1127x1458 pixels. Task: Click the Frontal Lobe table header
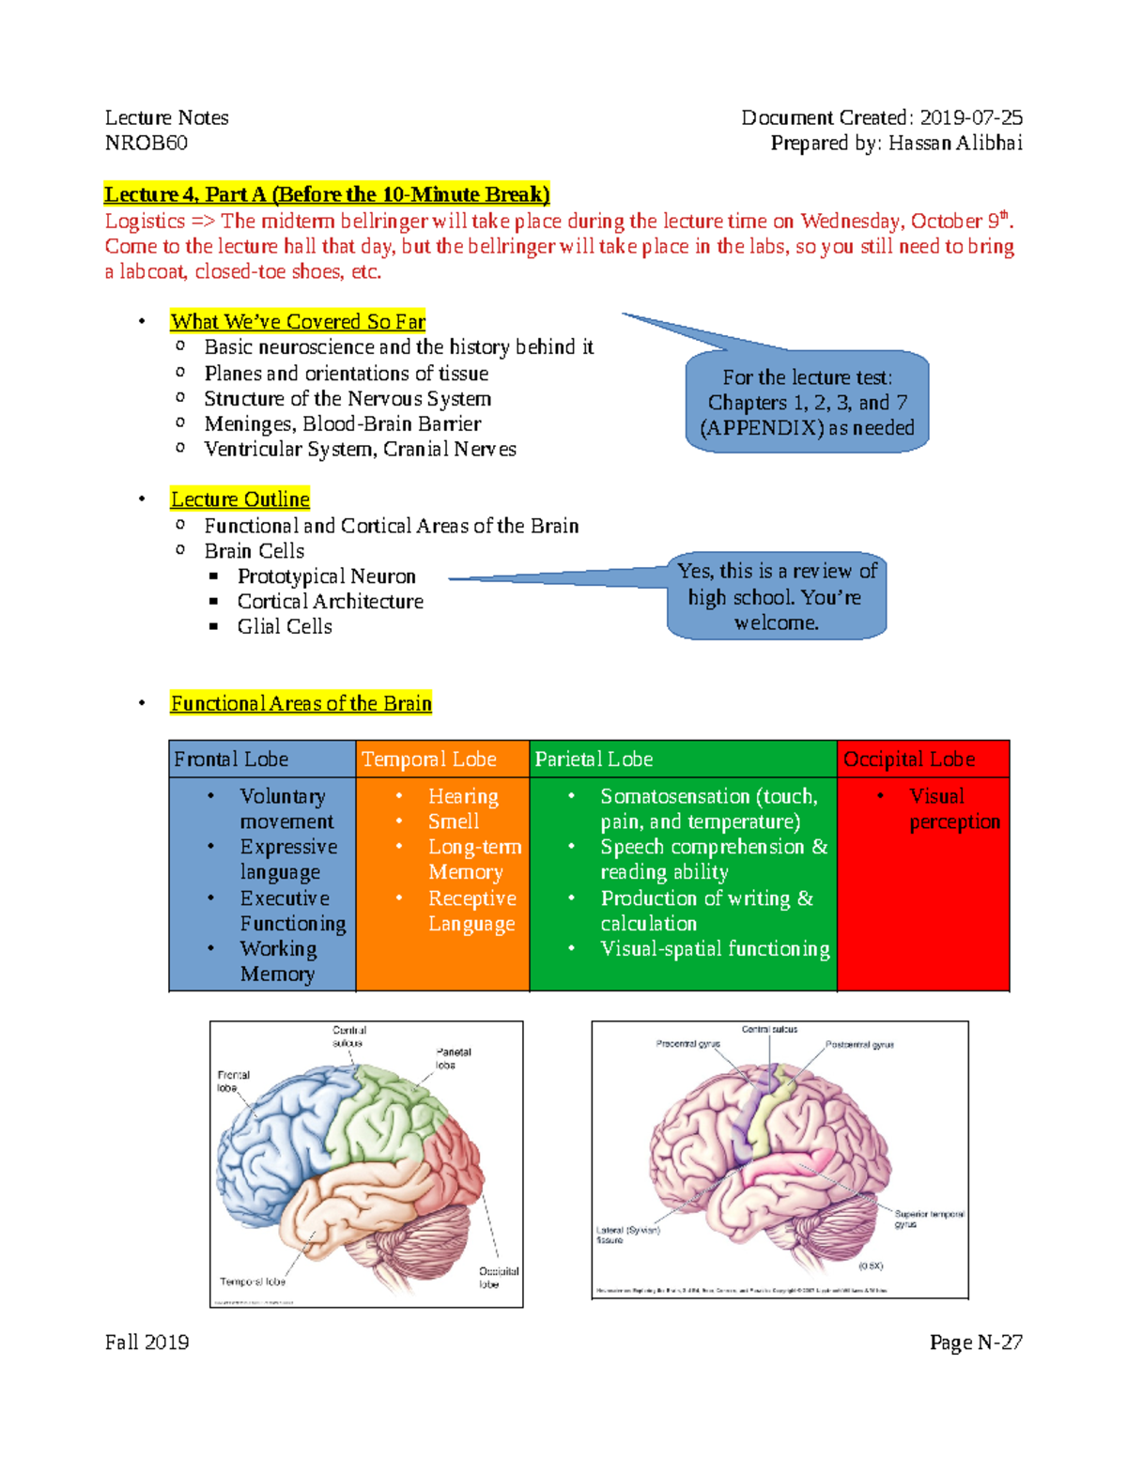tap(231, 759)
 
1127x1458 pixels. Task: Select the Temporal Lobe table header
tap(429, 759)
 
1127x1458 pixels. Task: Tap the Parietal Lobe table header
tap(594, 759)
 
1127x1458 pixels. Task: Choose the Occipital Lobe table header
tap(909, 759)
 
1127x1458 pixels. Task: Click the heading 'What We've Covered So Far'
tap(298, 321)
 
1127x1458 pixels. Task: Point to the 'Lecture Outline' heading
tap(240, 499)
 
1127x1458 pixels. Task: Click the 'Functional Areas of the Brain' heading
tap(301, 703)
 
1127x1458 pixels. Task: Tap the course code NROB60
tap(147, 143)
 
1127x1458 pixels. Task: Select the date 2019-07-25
tap(971, 117)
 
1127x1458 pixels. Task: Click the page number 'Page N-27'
tap(976, 1343)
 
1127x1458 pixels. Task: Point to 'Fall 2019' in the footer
tap(147, 1343)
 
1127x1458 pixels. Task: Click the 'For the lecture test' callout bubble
tap(807, 402)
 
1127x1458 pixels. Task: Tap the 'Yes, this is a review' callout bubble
tap(777, 597)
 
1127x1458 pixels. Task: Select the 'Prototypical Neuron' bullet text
tap(327, 576)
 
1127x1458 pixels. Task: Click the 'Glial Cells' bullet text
tap(285, 626)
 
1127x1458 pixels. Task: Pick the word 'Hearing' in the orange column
tap(463, 796)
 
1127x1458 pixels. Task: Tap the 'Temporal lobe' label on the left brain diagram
tap(253, 1282)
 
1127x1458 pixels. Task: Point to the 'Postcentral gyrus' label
tap(859, 1044)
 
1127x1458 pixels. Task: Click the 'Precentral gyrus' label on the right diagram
tap(688, 1044)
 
